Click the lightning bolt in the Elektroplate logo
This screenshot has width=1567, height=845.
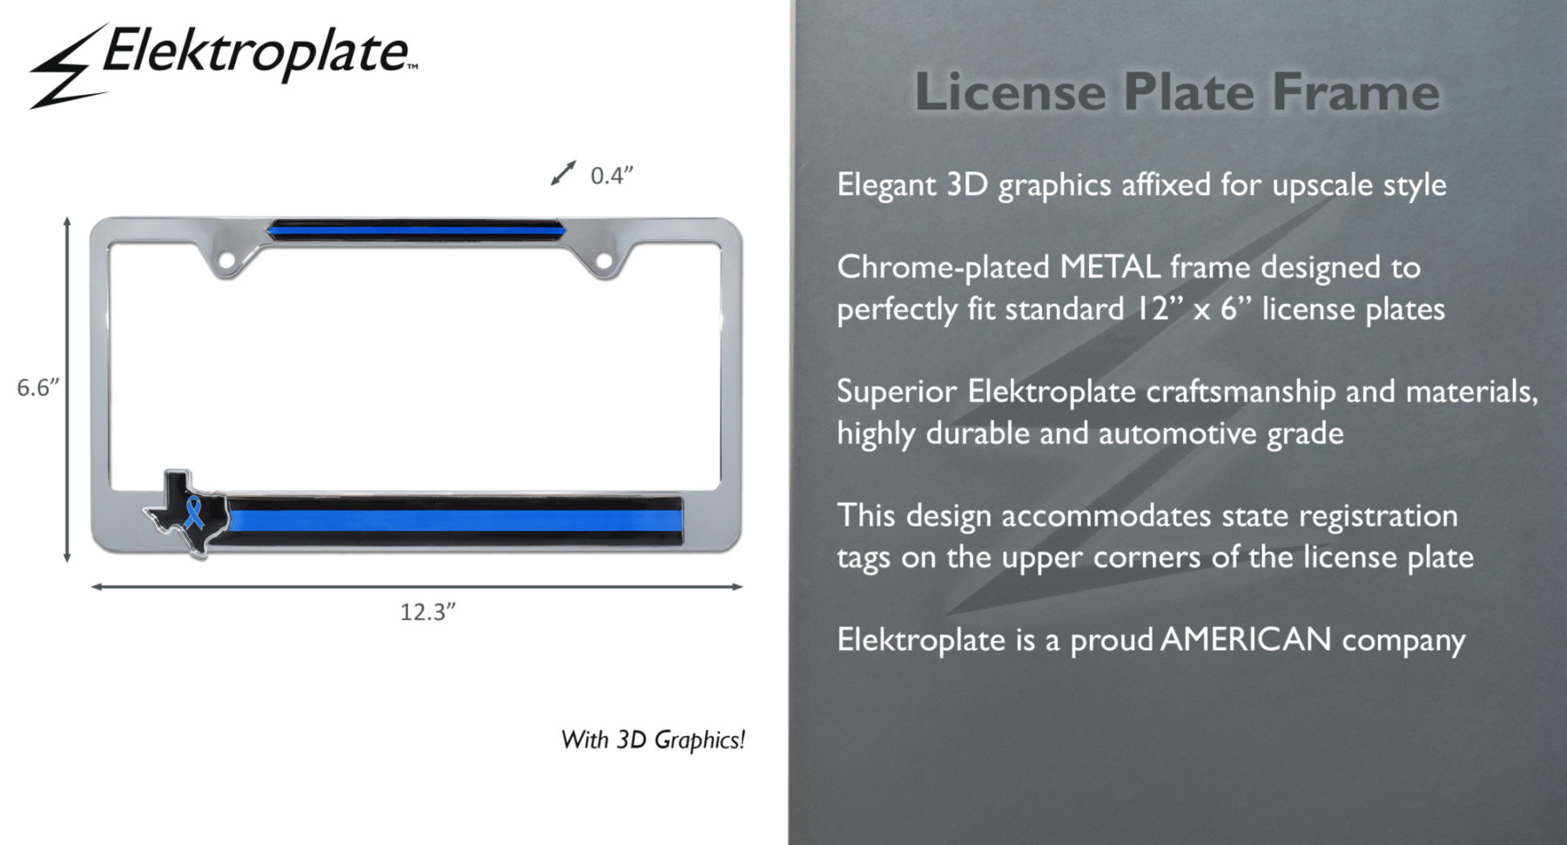point(68,68)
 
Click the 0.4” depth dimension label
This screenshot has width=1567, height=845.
point(611,175)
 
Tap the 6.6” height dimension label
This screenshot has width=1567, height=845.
point(38,387)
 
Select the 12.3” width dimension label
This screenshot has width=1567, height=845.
point(427,612)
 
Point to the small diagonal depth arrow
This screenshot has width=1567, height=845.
point(563,173)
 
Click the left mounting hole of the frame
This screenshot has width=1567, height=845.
point(226,259)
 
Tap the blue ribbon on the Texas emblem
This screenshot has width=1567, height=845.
point(194,513)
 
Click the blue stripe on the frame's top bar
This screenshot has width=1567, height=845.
point(417,231)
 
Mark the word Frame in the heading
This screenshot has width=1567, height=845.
point(1355,91)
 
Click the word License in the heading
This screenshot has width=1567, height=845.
point(1011,91)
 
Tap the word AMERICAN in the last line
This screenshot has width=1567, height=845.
point(1246,640)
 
